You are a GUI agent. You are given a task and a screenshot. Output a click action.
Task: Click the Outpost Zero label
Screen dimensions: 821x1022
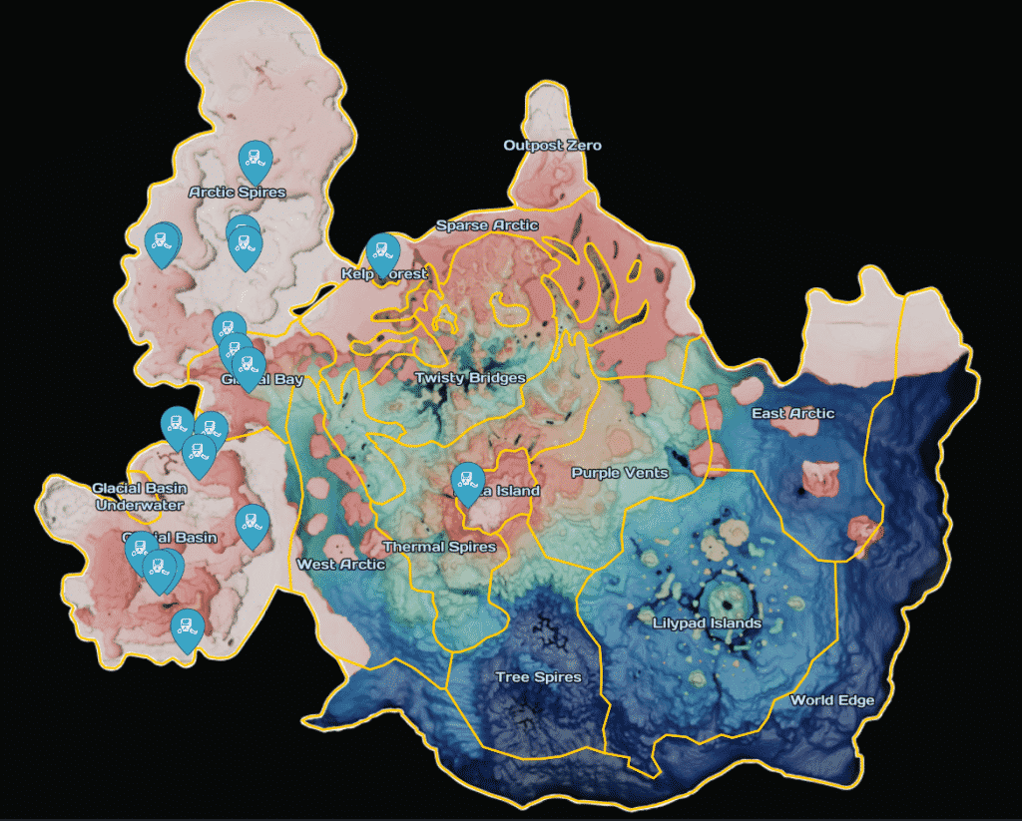pos(552,146)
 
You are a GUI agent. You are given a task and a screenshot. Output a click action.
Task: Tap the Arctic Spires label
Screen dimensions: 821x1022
pos(238,192)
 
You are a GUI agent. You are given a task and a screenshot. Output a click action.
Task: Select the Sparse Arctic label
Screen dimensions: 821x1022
pos(487,225)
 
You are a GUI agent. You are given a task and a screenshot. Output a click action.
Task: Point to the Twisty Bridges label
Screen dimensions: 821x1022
pos(470,378)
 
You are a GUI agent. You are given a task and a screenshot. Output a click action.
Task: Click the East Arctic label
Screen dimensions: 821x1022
pos(792,413)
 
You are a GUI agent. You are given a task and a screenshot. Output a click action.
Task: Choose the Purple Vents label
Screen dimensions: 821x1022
pos(619,473)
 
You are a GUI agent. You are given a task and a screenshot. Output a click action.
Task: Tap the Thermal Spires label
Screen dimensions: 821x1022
pos(439,547)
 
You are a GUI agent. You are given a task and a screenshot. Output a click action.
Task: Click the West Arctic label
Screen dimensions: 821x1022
pos(340,565)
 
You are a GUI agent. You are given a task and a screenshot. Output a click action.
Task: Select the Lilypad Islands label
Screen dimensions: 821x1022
pos(707,623)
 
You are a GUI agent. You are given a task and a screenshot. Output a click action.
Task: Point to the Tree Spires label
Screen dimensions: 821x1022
pos(538,677)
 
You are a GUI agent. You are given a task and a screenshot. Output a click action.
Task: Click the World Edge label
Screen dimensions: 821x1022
pos(831,700)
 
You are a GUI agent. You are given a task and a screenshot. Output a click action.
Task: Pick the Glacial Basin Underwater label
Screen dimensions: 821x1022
pos(139,496)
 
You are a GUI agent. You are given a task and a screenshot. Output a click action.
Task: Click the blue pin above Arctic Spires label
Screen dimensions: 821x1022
pos(255,160)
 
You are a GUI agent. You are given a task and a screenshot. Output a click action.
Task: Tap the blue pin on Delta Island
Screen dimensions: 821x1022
pos(467,482)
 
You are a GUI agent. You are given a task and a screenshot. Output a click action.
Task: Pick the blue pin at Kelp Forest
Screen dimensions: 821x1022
pos(381,252)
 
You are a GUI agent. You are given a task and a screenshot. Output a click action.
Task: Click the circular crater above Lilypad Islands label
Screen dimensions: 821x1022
pos(726,602)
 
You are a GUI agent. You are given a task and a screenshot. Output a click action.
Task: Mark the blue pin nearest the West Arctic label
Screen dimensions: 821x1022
pos(252,523)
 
